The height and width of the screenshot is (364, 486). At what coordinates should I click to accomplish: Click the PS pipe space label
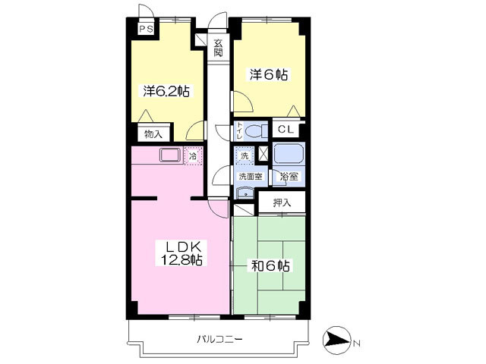145,30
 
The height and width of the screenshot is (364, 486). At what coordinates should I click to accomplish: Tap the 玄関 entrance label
218,48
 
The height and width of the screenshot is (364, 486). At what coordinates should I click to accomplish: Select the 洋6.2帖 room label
166,91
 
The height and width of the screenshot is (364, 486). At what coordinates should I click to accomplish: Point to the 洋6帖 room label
268,75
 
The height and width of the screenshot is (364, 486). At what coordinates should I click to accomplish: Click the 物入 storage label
153,134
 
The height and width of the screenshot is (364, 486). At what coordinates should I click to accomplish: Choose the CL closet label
286,130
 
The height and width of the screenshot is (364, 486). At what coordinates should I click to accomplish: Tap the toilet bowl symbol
257,130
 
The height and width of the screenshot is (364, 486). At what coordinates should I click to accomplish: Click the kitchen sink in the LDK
170,155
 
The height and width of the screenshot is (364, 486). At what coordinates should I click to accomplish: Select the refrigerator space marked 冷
193,156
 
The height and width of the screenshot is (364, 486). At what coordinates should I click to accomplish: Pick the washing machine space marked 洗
245,155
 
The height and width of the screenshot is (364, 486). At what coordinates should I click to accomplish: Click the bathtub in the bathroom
289,154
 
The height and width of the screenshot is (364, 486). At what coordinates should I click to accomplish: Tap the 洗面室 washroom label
251,177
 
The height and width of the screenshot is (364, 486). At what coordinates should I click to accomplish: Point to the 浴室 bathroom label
289,177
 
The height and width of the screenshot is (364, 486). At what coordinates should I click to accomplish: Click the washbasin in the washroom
245,193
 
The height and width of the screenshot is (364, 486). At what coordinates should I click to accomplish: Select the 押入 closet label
282,203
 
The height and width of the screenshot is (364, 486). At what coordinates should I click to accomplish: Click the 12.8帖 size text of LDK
181,260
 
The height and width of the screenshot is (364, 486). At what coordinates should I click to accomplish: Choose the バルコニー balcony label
219,339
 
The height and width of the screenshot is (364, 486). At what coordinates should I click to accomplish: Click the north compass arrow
337,341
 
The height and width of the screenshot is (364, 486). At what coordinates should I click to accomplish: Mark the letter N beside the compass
356,343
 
